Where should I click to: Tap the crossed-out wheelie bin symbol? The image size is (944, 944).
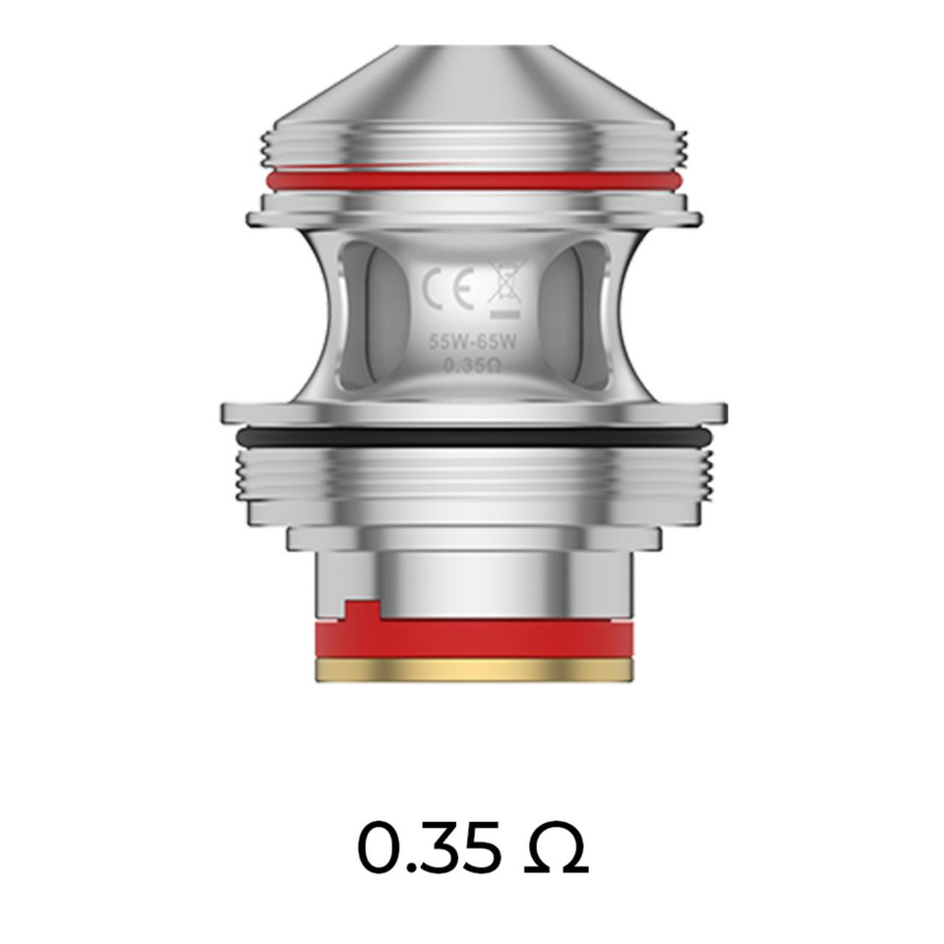tap(505, 287)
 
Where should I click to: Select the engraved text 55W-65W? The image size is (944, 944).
tap(473, 343)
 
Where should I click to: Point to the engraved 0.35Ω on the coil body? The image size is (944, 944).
tap(473, 366)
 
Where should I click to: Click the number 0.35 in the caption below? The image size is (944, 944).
tap(428, 848)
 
